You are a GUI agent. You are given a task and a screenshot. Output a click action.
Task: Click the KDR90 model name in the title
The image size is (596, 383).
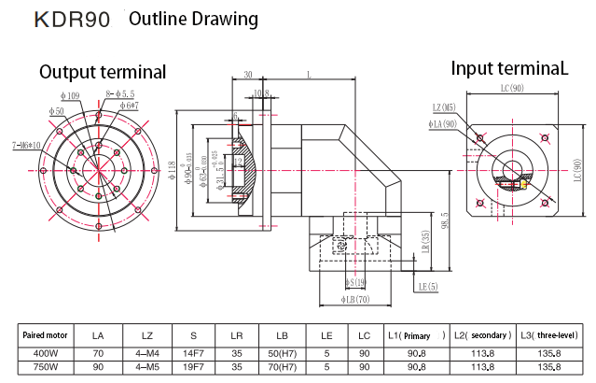72,20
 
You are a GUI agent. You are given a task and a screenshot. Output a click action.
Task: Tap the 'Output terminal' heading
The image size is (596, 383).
103,72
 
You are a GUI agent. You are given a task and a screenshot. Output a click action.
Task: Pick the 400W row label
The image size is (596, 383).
47,353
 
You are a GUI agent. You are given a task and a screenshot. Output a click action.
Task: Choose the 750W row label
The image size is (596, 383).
47,368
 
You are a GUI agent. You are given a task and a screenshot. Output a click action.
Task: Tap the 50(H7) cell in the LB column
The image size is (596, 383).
282,353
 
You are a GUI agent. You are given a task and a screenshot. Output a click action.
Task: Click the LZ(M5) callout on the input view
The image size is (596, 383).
445,107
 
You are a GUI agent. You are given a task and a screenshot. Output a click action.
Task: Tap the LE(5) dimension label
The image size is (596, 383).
428,286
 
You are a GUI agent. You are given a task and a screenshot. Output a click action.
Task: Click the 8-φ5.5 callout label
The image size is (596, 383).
120,93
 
